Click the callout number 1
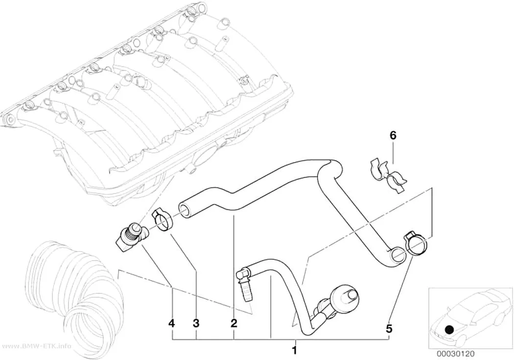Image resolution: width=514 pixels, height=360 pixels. click(x=294, y=350)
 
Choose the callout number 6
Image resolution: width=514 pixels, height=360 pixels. click(x=393, y=135)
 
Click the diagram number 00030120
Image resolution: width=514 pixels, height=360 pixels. click(x=455, y=354)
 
